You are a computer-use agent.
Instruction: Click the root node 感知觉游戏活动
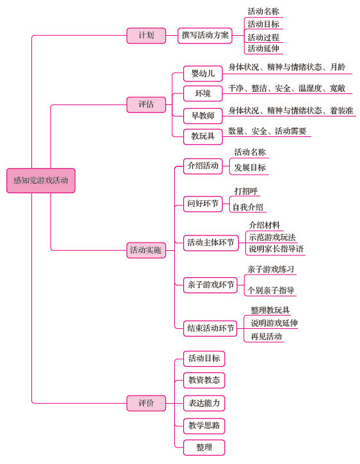(41, 180)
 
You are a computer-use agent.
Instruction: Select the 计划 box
(146, 35)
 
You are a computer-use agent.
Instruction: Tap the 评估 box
(146, 104)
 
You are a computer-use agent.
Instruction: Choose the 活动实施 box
(146, 250)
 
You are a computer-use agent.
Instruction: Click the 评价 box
(146, 403)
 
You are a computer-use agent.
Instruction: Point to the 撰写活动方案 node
(205, 35)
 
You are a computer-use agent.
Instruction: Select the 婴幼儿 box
(203, 74)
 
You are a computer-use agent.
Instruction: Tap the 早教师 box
(203, 116)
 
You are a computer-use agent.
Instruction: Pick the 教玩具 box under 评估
(203, 137)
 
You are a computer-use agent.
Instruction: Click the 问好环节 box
(203, 204)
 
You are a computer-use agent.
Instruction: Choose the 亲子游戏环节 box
(210, 285)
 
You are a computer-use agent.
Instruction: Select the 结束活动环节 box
(210, 328)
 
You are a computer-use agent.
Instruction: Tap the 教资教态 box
(204, 380)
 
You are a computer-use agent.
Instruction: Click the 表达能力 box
(204, 403)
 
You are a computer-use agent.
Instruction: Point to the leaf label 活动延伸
(263, 49)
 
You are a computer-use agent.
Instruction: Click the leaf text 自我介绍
(248, 207)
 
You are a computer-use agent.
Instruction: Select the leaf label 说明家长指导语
(276, 249)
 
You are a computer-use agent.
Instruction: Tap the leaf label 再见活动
(266, 337)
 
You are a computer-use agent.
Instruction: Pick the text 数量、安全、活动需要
(267, 131)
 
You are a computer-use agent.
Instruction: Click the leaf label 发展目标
(250, 168)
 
